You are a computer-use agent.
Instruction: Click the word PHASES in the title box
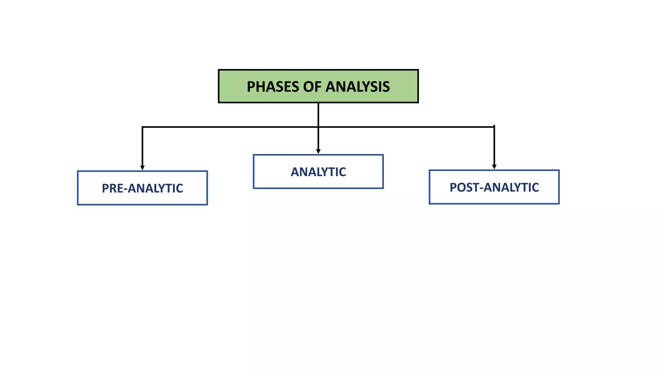tap(273, 87)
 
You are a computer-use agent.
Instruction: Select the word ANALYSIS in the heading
tap(357, 87)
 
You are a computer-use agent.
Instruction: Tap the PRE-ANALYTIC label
tap(142, 188)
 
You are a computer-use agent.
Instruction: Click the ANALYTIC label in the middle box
tap(318, 172)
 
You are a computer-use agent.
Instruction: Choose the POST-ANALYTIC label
tap(494, 187)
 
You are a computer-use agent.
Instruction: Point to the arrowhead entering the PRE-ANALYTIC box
tap(142, 168)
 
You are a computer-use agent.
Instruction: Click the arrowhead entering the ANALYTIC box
tap(318, 151)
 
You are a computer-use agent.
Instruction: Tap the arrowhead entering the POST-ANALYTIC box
tap(494, 167)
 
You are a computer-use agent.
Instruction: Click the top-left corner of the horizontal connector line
tap(143, 127)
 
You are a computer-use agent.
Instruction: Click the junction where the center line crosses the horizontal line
tap(318, 127)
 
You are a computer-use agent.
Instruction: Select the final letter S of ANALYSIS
tap(386, 87)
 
